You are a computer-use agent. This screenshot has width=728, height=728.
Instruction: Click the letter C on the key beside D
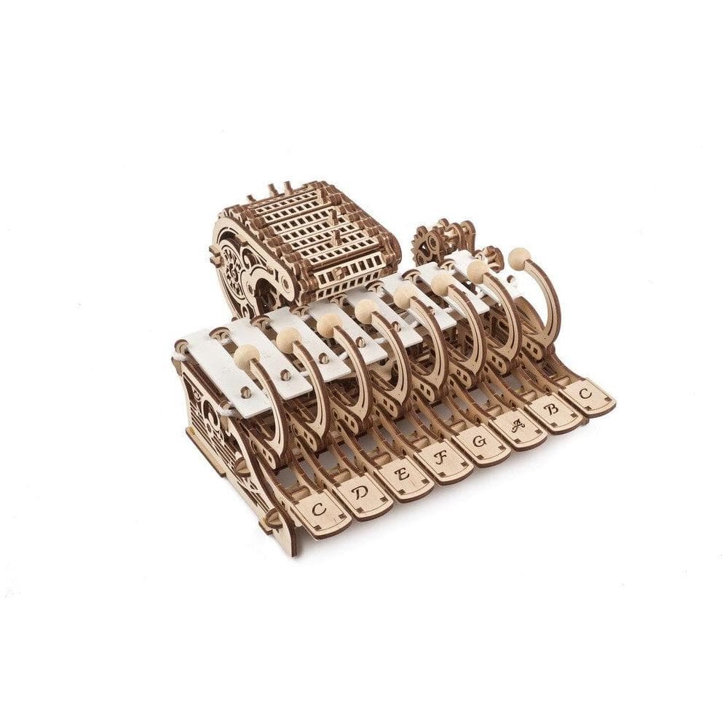tap(319, 509)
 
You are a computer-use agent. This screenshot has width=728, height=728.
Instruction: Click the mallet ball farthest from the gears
tap(245, 355)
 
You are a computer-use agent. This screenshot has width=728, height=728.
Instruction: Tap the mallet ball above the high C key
tap(519, 257)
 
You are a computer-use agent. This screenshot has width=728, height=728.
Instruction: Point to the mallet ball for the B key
tap(478, 271)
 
